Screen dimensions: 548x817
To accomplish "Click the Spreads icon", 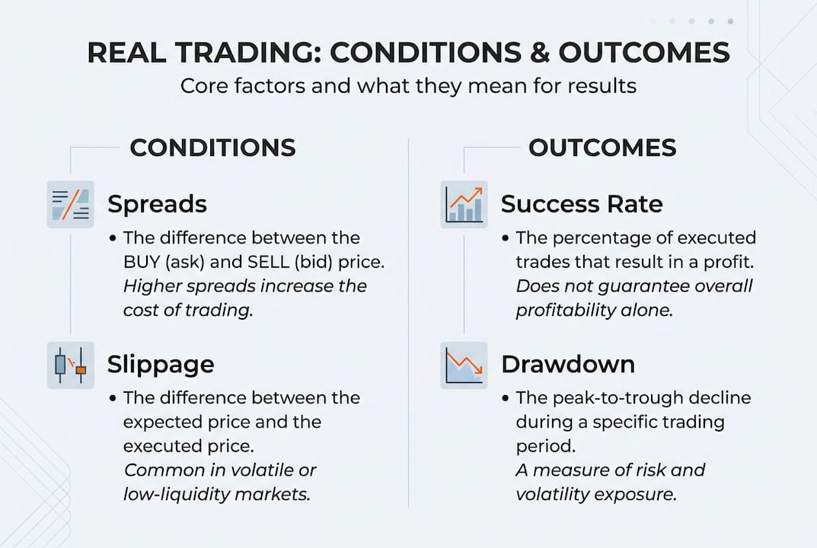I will pyautogui.click(x=71, y=204).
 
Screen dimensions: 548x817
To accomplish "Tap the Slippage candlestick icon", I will pyautogui.click(x=71, y=365).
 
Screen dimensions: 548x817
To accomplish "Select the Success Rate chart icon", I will pyautogui.click(x=464, y=204).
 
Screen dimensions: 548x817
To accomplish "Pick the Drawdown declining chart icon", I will pyautogui.click(x=464, y=365).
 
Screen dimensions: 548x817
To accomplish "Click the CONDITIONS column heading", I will pyautogui.click(x=212, y=148).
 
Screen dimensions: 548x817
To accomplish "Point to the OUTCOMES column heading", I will pyautogui.click(x=602, y=148).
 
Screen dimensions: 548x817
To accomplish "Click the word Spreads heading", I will pyautogui.click(x=157, y=204).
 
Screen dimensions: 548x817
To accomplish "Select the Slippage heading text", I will pyautogui.click(x=161, y=365).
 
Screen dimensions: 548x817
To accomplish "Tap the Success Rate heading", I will pyautogui.click(x=581, y=204).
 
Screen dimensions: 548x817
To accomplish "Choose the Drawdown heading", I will pyautogui.click(x=567, y=365).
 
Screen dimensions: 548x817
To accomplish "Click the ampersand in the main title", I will pyautogui.click(x=532, y=53).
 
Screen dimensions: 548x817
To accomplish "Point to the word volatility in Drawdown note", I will pyautogui.click(x=555, y=494).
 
